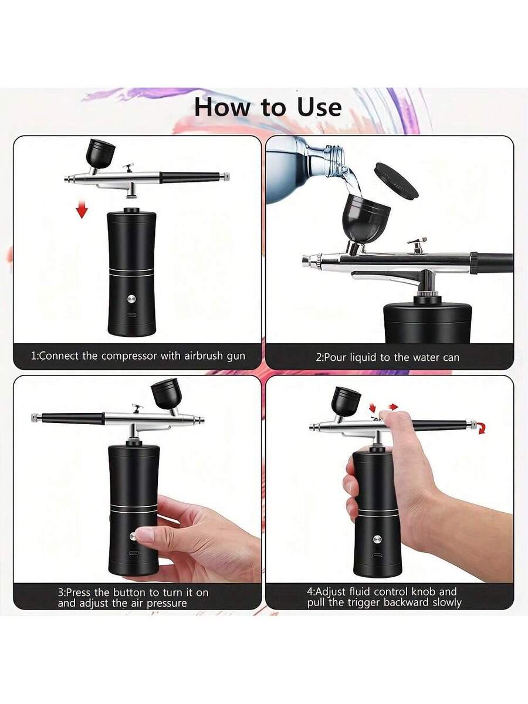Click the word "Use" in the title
click(x=319, y=107)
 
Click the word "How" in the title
click(x=222, y=107)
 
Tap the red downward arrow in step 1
click(x=82, y=210)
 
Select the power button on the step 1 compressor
click(x=131, y=299)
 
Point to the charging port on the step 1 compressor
click(x=131, y=314)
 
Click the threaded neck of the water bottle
click(x=333, y=160)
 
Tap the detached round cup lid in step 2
click(x=397, y=180)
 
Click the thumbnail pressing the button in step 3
click(x=142, y=535)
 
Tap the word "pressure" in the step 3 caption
click(x=167, y=604)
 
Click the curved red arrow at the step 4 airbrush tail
click(x=481, y=428)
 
